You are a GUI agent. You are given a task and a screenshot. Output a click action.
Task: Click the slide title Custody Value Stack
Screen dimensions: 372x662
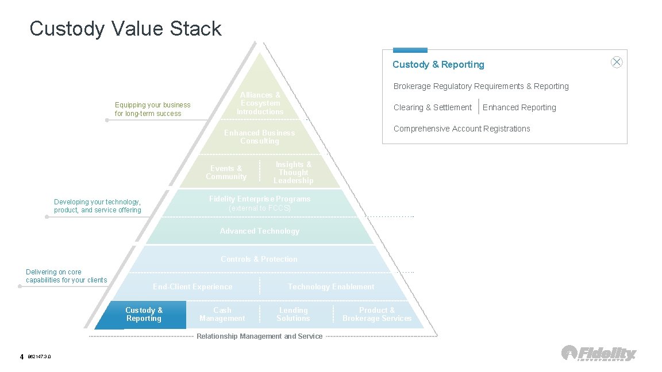tap(125, 29)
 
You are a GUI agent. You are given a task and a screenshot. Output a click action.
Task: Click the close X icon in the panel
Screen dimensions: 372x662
tap(617, 63)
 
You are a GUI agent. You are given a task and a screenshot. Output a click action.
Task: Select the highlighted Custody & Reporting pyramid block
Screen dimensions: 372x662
tap(144, 315)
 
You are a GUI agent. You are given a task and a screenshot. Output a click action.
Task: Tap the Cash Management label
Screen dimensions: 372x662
tap(222, 315)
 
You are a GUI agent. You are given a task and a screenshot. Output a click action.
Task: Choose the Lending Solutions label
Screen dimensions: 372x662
tap(293, 315)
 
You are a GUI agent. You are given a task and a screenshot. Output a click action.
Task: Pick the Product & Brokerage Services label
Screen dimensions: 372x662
tap(377, 315)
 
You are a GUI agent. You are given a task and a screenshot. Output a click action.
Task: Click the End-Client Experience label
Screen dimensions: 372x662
tap(193, 287)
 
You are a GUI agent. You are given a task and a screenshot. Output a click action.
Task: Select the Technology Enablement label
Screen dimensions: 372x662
tap(331, 287)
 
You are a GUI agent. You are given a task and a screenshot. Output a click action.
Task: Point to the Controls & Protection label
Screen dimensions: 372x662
tap(259, 259)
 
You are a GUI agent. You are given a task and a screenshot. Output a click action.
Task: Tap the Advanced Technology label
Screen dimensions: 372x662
tap(260, 231)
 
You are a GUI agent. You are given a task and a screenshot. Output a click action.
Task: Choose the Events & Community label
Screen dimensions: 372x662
tap(226, 173)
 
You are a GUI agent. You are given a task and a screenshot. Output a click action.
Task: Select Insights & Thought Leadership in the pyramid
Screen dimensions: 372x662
tap(293, 173)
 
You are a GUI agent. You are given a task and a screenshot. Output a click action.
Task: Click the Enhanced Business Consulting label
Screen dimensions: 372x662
tap(259, 137)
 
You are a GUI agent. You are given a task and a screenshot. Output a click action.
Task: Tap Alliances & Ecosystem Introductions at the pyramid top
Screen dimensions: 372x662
tap(260, 103)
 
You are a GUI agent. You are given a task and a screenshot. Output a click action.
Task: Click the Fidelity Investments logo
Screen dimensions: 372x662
tap(599, 353)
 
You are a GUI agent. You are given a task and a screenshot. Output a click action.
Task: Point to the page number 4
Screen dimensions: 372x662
tap(22, 357)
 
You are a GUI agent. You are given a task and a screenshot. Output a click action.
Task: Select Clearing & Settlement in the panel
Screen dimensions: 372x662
tap(432, 107)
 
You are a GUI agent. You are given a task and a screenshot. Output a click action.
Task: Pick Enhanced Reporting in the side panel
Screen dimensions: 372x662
tap(519, 107)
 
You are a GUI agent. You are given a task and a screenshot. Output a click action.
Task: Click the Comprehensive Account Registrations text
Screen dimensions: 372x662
tap(461, 129)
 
